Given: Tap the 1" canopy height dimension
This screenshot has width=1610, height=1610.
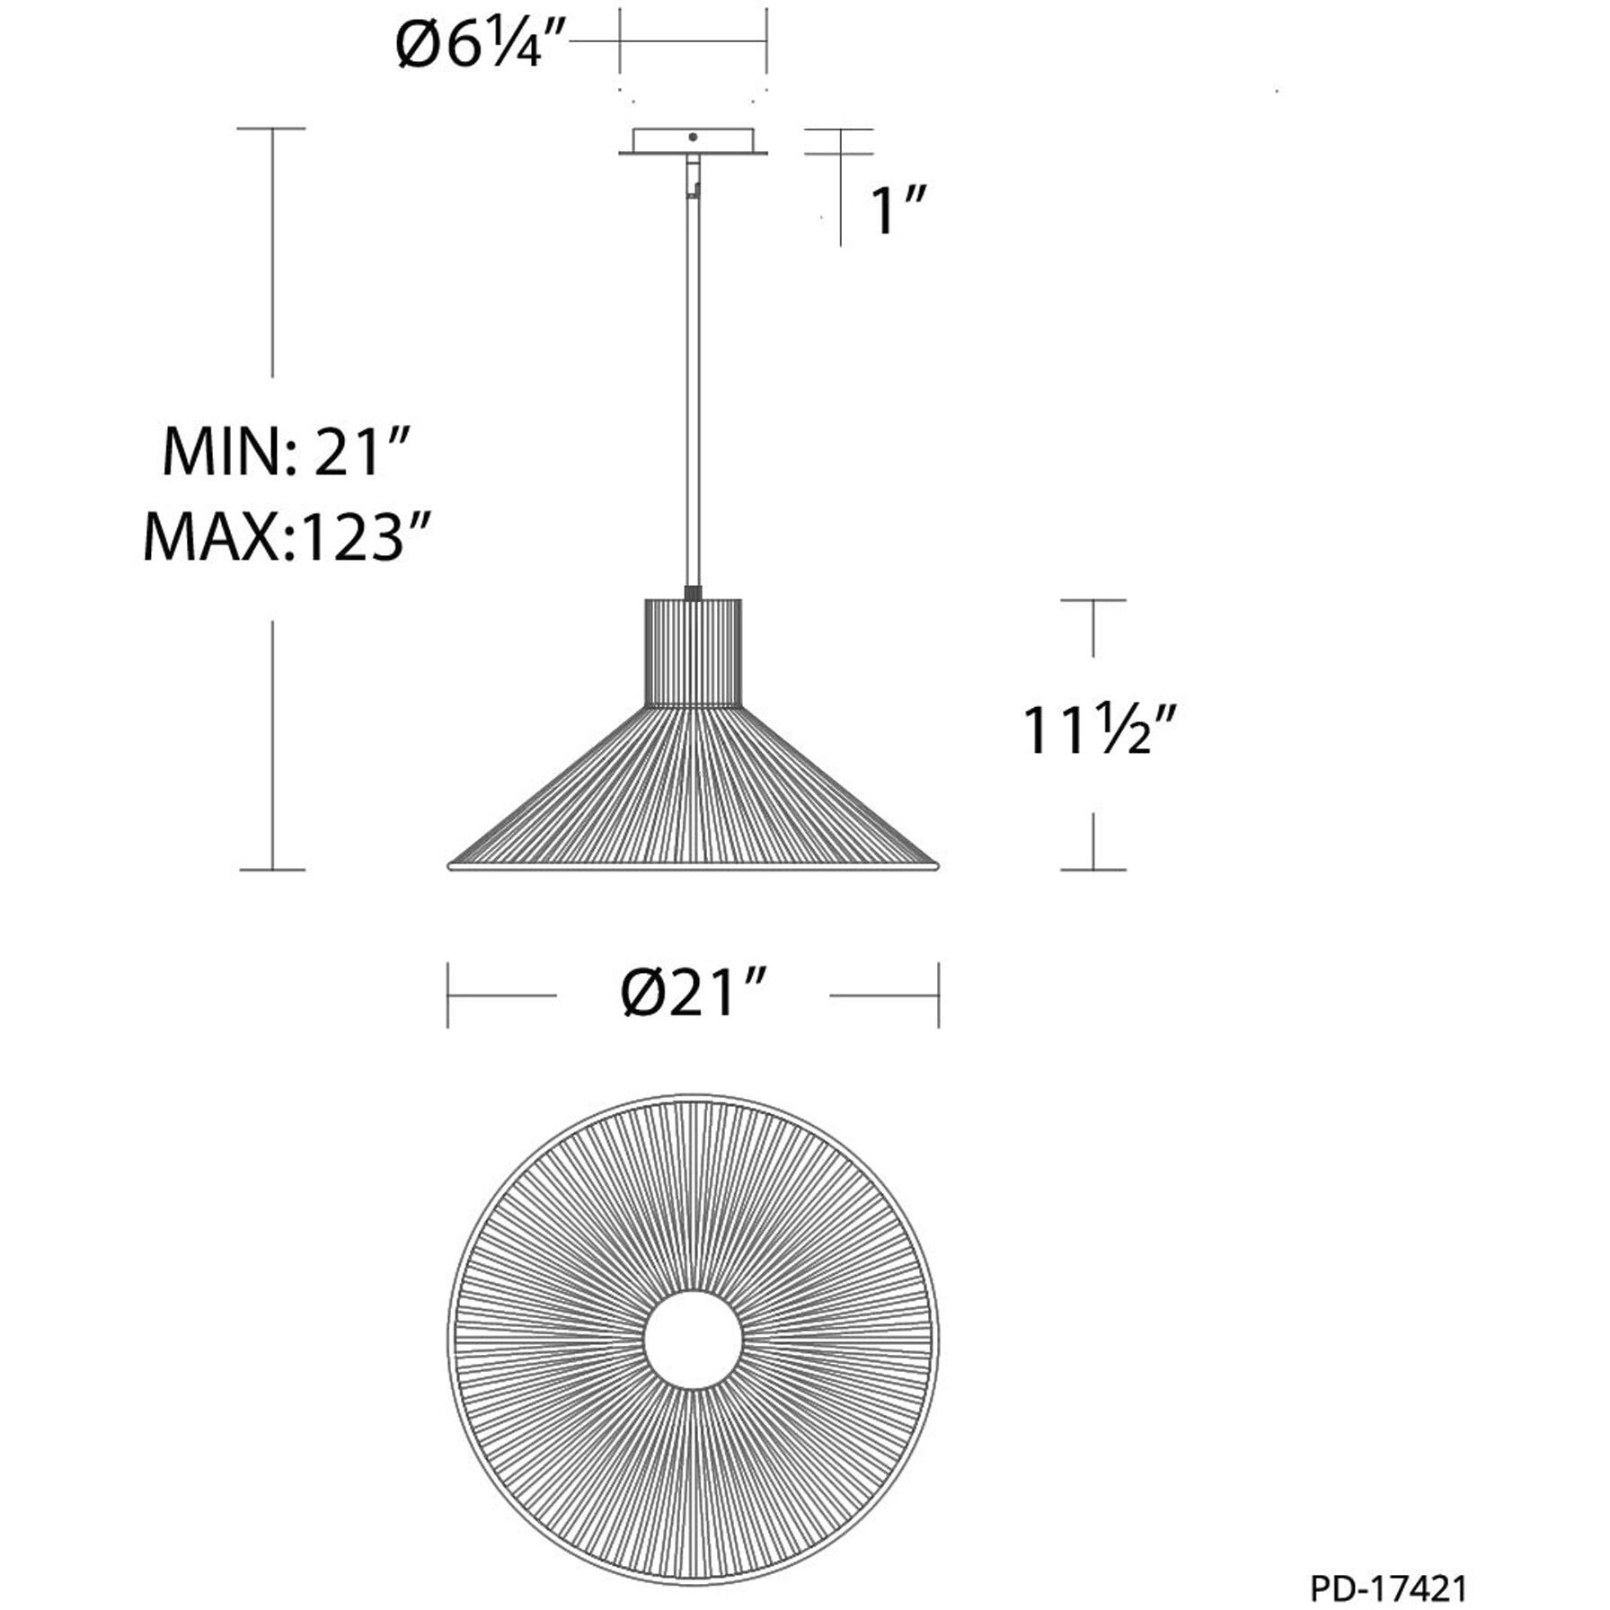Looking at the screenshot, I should pos(894,212).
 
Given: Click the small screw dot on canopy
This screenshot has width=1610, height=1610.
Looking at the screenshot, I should pos(693,137).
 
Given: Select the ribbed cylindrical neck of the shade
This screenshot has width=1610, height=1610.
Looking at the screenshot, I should pos(693,651).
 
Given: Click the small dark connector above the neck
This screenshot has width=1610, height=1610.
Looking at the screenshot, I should pos(693,593).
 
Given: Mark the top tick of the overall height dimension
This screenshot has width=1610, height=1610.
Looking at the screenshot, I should pos(271,128).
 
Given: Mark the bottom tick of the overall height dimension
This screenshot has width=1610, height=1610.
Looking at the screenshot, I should pos(271,869).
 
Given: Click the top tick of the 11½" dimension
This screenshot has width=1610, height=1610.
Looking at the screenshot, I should pos(1092,600).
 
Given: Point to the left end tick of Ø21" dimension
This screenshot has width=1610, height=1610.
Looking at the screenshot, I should pos(447,995).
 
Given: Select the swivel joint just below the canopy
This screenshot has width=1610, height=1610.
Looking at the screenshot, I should pos(693,175).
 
